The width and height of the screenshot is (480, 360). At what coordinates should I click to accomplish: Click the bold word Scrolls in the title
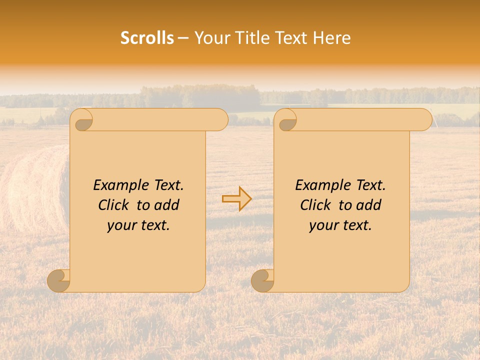point(147,38)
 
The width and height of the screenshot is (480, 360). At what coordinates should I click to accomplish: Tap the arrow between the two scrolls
point(236,199)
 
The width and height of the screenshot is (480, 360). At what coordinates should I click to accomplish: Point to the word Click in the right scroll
point(316,205)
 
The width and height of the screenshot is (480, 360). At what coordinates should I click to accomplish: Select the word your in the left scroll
point(121,226)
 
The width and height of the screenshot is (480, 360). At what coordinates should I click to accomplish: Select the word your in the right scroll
point(323,226)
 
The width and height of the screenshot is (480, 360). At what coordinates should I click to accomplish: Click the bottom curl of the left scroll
point(59,280)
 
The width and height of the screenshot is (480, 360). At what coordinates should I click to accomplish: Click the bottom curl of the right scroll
point(263,280)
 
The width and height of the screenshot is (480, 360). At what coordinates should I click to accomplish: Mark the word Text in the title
point(292,38)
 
